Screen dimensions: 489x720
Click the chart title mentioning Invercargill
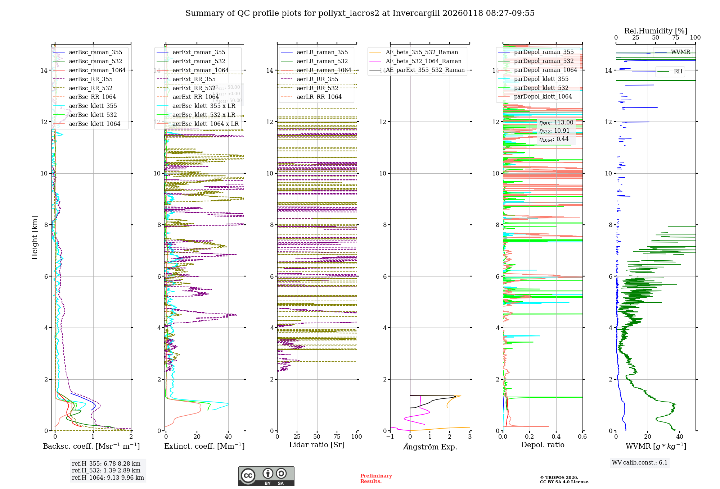coord(360,13)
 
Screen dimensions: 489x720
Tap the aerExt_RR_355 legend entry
coord(194,79)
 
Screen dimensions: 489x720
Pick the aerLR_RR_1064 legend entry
coord(319,97)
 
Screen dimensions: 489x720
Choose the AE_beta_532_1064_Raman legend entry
coord(423,61)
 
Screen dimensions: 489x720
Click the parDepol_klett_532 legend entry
coord(541,88)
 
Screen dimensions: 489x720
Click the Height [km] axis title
coord(35,238)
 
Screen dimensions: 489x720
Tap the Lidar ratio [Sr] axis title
coord(317,445)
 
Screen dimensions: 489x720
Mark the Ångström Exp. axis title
coord(430,447)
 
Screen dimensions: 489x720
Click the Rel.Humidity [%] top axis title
coord(656,31)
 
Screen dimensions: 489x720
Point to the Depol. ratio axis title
coord(543,445)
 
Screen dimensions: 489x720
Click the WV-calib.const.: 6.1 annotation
coord(640,463)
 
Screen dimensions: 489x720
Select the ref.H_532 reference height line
coord(106,470)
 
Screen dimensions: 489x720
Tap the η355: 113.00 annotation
coord(556,123)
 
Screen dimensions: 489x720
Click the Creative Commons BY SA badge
coord(266,476)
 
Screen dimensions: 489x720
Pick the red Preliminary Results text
coord(376,478)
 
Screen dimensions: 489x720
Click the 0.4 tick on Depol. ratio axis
coord(556,437)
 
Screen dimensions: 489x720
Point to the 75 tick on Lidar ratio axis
coord(337,437)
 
